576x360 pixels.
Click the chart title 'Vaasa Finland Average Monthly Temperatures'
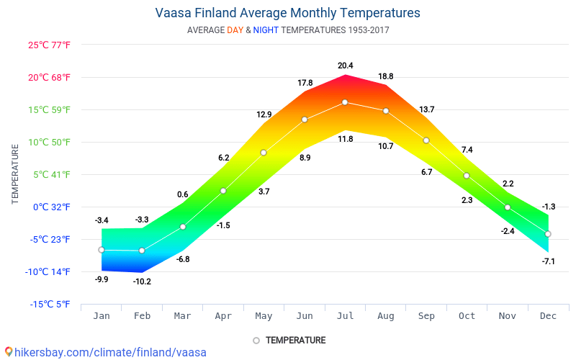point(288,13)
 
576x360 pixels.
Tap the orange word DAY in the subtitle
point(235,30)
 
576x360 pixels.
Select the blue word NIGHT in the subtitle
point(266,30)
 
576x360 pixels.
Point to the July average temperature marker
point(345,102)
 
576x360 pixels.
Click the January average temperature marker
point(102,250)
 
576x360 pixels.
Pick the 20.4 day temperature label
point(346,66)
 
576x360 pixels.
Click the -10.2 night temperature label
point(142,282)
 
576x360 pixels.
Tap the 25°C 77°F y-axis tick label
point(50,45)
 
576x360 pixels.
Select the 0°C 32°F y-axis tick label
point(50,207)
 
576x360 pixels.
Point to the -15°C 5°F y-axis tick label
point(50,304)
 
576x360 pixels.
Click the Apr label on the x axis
point(223,315)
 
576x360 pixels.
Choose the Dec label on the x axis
point(548,315)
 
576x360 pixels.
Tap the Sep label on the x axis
point(426,315)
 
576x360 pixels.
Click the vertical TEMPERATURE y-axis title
point(15,174)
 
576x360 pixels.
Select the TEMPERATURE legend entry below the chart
point(289,341)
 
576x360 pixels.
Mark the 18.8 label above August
point(386,76)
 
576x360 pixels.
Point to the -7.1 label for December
point(548,261)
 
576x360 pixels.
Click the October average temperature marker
point(467,176)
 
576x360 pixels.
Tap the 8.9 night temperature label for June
point(305,158)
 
